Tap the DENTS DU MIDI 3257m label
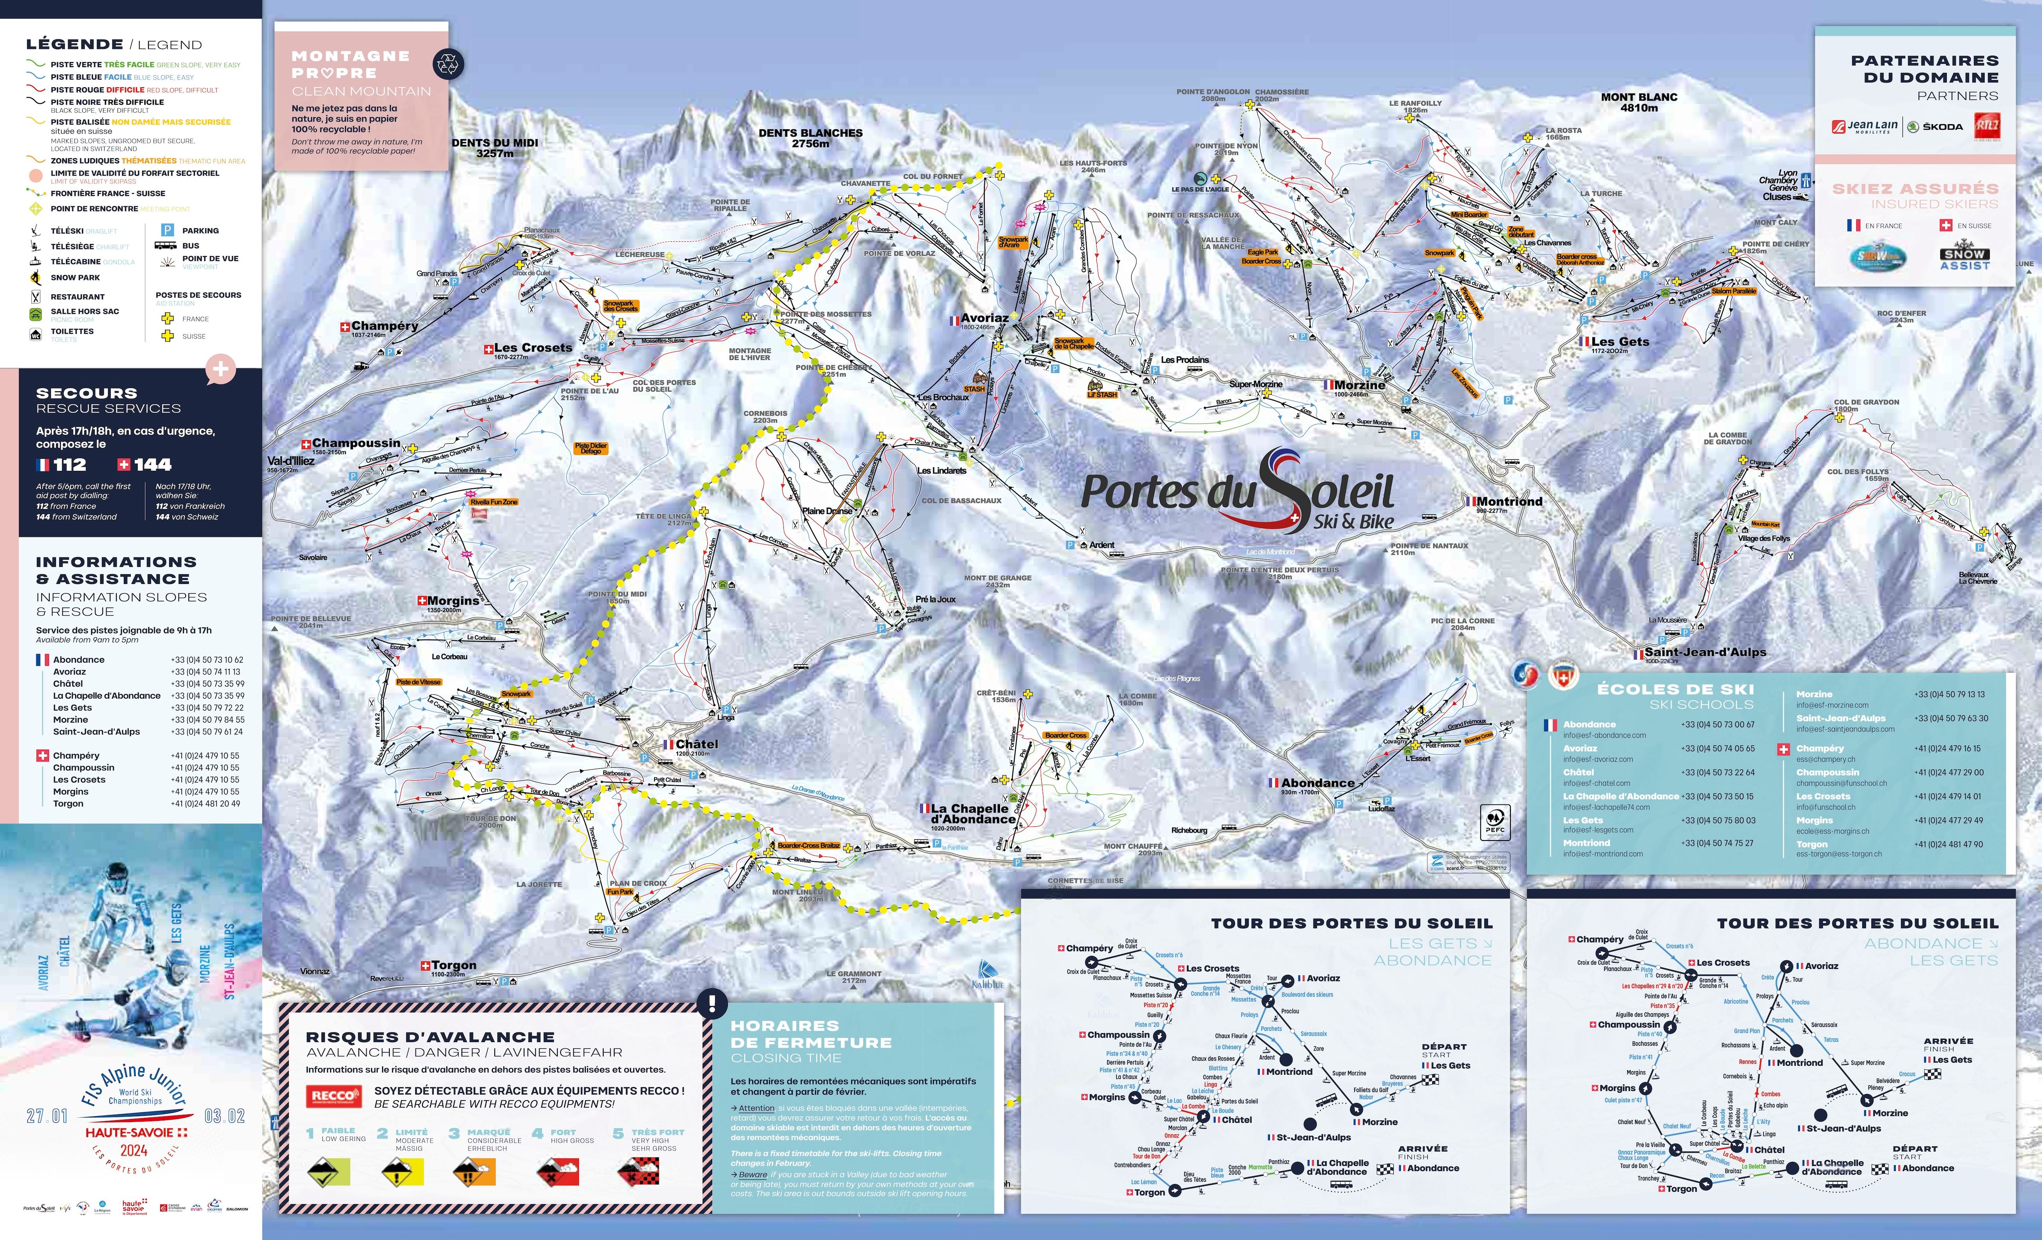click(495, 148)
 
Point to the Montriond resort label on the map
click(1508, 501)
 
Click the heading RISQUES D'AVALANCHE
click(430, 1037)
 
